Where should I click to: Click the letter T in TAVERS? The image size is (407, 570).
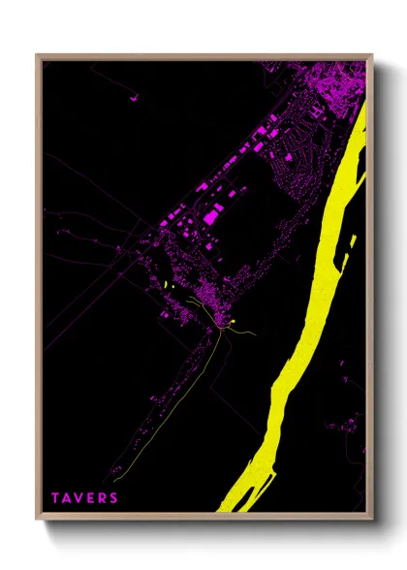(56, 498)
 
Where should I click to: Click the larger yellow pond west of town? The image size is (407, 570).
(169, 285)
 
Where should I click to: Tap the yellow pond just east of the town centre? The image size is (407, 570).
(235, 318)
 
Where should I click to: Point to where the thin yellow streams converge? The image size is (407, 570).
(222, 332)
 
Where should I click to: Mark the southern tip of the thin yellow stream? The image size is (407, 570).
(113, 479)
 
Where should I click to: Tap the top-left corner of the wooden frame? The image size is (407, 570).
(39, 56)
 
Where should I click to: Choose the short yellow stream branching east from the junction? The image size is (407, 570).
(245, 334)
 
